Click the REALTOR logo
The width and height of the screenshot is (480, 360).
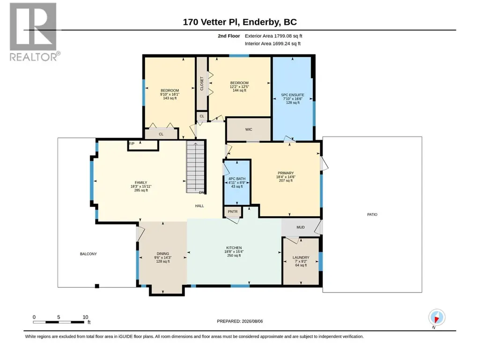point(33,32)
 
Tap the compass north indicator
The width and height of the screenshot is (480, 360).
point(437,318)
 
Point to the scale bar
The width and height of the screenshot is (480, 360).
point(59,322)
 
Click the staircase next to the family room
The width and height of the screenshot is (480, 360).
point(196,167)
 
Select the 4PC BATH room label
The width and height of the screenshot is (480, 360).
point(237,179)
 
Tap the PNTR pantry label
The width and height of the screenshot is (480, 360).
point(233,212)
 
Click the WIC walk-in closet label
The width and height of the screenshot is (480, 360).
point(249,130)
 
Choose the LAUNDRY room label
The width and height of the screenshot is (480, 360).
point(301,258)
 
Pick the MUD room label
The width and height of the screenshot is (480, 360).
point(301,227)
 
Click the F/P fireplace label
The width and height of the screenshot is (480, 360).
point(132,144)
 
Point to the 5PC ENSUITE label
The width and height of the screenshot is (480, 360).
point(293,95)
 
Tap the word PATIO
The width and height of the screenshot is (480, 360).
point(372,214)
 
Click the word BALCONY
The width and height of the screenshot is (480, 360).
point(89,254)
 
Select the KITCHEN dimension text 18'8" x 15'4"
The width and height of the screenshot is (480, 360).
point(234,252)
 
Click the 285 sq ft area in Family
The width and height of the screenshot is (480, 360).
point(141,190)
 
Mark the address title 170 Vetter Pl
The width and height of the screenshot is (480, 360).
point(212,22)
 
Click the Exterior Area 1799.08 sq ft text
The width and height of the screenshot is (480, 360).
point(273,36)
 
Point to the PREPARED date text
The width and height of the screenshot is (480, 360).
point(240,321)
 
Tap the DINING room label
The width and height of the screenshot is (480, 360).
point(163,254)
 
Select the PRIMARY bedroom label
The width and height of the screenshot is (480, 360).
point(286,173)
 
